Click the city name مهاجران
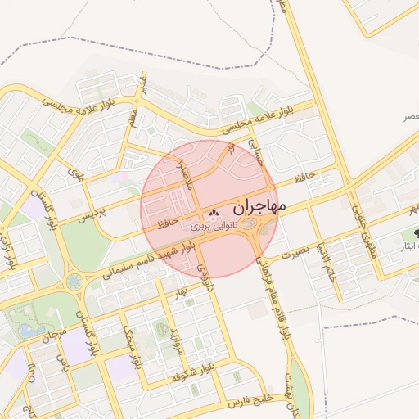(254, 208)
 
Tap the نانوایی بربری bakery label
(214, 224)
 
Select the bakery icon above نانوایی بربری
(214, 214)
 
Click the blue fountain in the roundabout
(74, 282)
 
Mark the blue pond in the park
(29, 329)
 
